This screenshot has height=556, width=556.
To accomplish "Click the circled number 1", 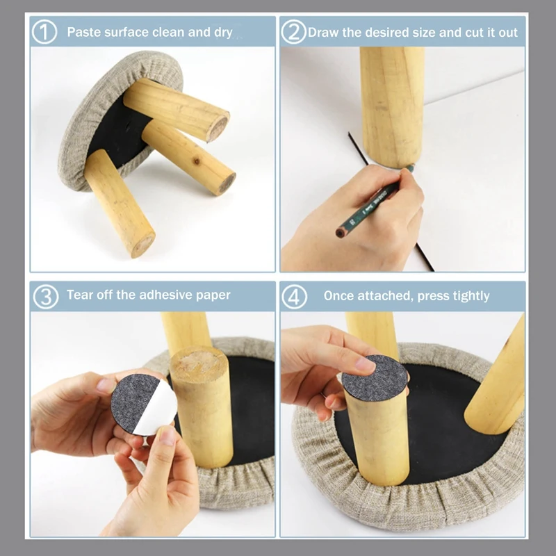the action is pos(44,32).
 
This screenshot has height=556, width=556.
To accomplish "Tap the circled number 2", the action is pos(294,32).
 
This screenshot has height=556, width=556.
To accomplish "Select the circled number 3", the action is pos(45,297).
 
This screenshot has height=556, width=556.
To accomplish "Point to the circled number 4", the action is pos(294,297).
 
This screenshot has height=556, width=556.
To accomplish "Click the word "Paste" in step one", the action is pos(84,32).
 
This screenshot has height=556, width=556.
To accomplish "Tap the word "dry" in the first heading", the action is pos(223,33).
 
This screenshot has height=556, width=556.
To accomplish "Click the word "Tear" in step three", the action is pos(80,295).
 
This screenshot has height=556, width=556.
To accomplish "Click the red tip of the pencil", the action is pos(340,233).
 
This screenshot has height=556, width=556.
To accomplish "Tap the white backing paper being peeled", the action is pos(158,408).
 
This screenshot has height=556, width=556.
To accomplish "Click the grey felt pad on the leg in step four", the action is pos(374,377).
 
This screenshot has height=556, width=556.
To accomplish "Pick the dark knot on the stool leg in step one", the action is pos(195,162).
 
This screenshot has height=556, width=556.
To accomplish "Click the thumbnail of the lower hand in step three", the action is pos(167,436).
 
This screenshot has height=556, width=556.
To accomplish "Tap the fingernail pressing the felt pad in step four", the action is pos(366,364).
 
